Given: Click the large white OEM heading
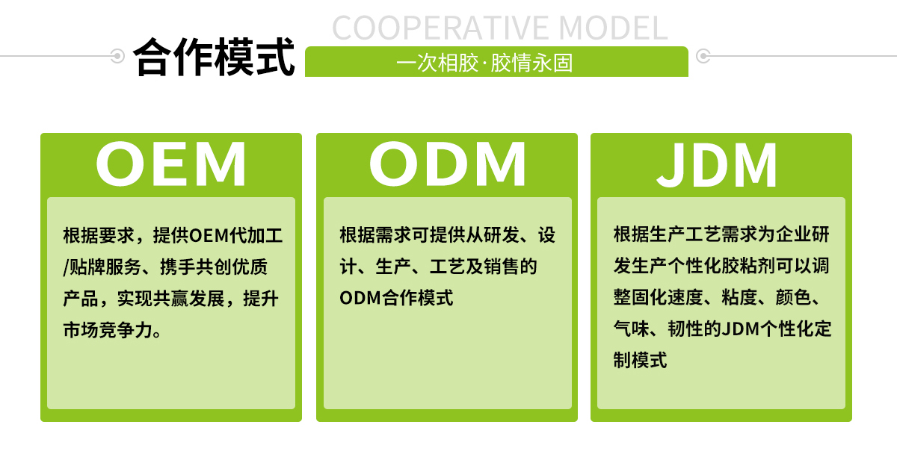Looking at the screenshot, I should pyautogui.click(x=171, y=164).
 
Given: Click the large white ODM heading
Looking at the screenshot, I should pyautogui.click(x=447, y=164).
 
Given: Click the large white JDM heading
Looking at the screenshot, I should pyautogui.click(x=718, y=164).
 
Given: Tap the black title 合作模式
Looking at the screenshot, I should pyautogui.click(x=215, y=58).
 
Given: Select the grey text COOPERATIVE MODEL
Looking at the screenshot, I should pyautogui.click(x=499, y=28).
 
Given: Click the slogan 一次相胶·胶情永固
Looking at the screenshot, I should pyautogui.click(x=484, y=62).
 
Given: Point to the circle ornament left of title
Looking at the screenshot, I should pyautogui.click(x=117, y=55).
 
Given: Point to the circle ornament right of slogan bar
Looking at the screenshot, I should pyautogui.click(x=703, y=55).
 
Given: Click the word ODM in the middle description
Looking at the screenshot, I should pyautogui.click(x=360, y=297).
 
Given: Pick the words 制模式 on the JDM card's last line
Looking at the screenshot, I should pyautogui.click(x=640, y=360).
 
